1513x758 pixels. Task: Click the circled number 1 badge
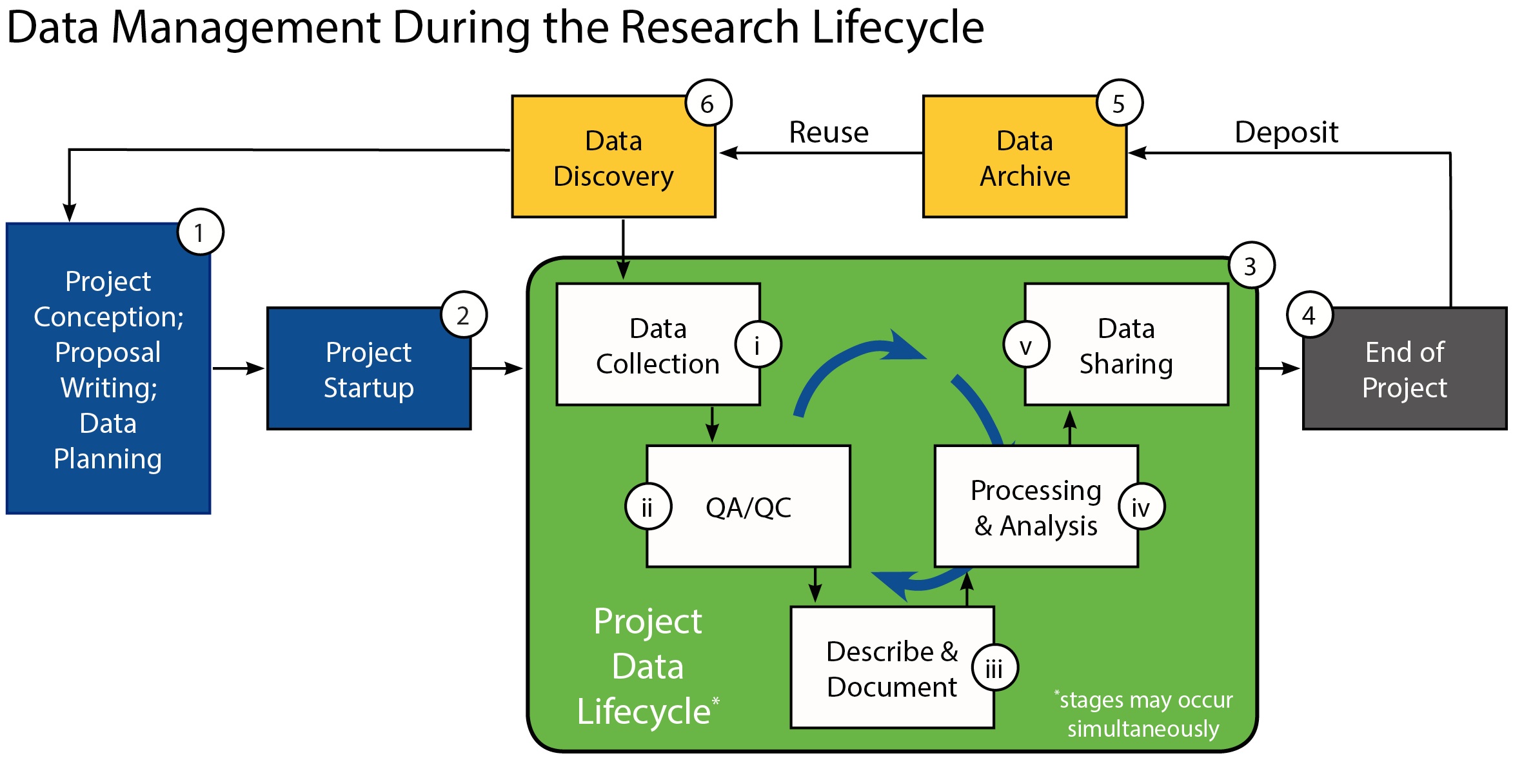click(x=200, y=232)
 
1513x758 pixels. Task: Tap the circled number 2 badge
click(x=464, y=315)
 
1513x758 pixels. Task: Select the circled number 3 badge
click(x=1251, y=265)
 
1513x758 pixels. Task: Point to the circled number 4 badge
click(x=1309, y=315)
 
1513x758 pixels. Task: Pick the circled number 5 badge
click(x=1120, y=103)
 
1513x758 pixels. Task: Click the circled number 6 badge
click(x=708, y=103)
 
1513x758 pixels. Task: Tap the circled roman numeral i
click(x=758, y=344)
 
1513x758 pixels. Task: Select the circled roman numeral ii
click(x=648, y=506)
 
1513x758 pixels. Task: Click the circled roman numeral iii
click(x=994, y=668)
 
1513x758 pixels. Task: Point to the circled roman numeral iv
click(x=1142, y=506)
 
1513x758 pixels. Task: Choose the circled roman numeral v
click(x=1026, y=344)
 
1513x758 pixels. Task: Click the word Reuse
click(x=829, y=132)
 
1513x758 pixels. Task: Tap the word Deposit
click(x=1286, y=133)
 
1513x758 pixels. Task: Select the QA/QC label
click(x=748, y=508)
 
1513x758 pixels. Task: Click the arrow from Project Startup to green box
click(x=497, y=368)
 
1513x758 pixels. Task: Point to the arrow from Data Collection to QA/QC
click(x=712, y=424)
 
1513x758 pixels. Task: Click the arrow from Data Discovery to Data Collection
click(x=623, y=249)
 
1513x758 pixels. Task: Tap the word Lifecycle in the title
click(x=898, y=28)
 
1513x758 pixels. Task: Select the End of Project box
click(x=1405, y=368)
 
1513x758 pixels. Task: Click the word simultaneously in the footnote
click(x=1143, y=729)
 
